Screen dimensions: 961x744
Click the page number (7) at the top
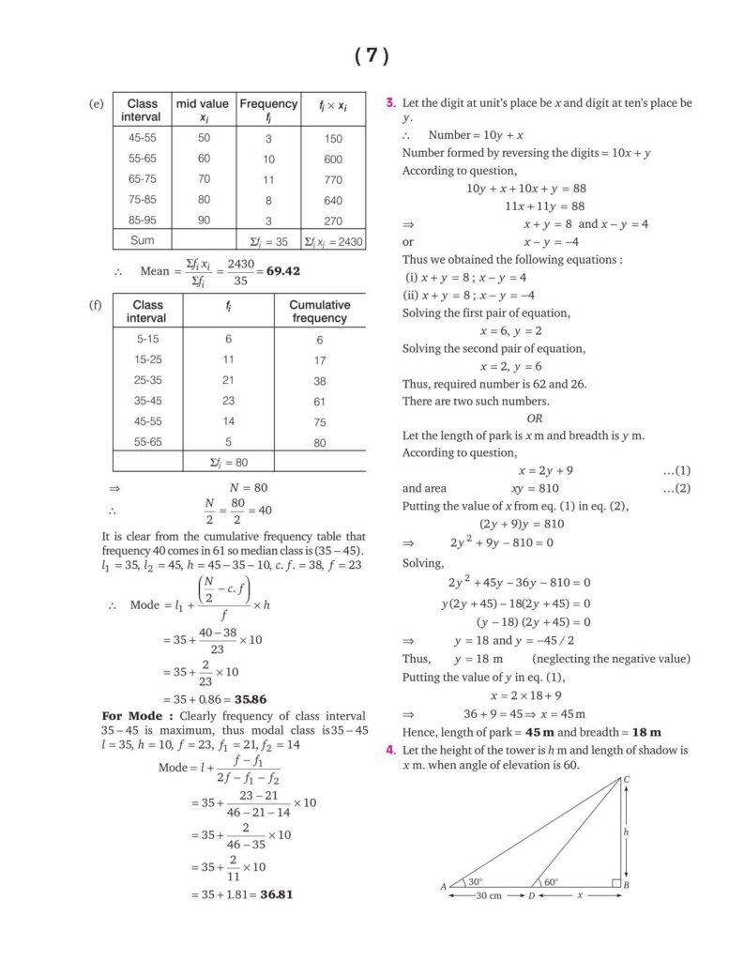pyautogui.click(x=372, y=56)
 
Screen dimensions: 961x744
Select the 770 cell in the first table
pyautogui.click(x=333, y=179)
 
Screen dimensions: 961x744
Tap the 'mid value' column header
pyautogui.click(x=203, y=110)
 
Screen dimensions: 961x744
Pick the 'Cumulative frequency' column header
pyautogui.click(x=319, y=312)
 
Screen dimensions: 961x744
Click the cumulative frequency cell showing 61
pyautogui.click(x=320, y=402)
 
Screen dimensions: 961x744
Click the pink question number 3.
pyautogui.click(x=390, y=102)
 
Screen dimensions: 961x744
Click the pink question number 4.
pyautogui.click(x=390, y=751)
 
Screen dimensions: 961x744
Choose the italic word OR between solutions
pyautogui.click(x=535, y=419)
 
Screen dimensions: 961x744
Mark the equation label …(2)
pyautogui.click(x=676, y=488)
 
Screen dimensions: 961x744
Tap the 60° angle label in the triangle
pyautogui.click(x=550, y=882)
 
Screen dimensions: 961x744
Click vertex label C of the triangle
pyautogui.click(x=627, y=778)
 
